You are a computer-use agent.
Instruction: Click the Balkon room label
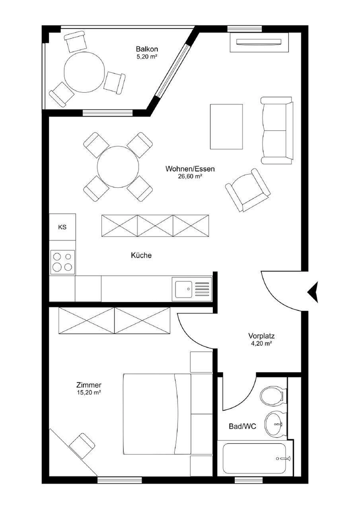[x=147, y=49]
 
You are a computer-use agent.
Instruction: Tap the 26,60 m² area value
[x=190, y=176]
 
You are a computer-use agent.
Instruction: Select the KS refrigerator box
[x=62, y=227]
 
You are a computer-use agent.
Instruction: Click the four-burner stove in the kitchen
[x=62, y=262]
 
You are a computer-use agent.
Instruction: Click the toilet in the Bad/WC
[x=272, y=395]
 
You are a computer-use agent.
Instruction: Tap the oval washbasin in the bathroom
[x=274, y=424]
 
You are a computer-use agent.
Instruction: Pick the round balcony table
[x=85, y=72]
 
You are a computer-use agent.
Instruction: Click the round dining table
[x=118, y=166]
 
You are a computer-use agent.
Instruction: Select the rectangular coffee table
[x=226, y=127]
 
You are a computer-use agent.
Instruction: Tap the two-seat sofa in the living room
[x=277, y=130]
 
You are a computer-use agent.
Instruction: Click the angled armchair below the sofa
[x=248, y=190]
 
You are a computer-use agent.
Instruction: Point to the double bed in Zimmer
[x=157, y=414]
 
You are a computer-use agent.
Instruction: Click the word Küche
[x=141, y=255]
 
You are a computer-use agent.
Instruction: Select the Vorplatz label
[x=261, y=336]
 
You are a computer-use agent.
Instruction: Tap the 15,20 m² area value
[x=89, y=392]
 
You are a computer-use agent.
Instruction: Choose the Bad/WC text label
[x=242, y=426]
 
